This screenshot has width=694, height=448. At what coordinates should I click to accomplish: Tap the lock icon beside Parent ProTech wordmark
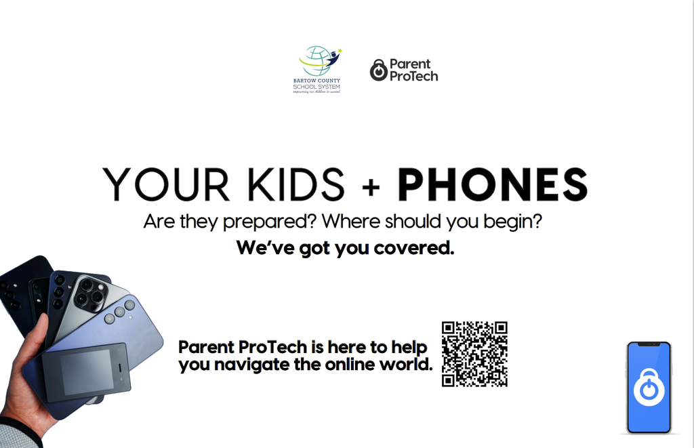[378, 70]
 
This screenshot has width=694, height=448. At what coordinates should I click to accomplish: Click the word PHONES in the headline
[492, 184]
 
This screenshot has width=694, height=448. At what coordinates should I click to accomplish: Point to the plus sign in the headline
[371, 186]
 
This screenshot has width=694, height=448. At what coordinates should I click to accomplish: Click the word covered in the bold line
[417, 248]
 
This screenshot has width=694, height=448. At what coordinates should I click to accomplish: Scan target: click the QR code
[474, 354]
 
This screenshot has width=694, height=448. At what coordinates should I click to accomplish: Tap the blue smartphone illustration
[649, 388]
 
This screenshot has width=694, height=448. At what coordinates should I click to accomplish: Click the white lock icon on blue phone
[649, 388]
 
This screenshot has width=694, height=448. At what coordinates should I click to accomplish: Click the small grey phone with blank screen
[86, 371]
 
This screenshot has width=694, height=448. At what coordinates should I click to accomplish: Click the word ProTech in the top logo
[413, 76]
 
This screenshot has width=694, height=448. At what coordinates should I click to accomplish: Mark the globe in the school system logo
[316, 60]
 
